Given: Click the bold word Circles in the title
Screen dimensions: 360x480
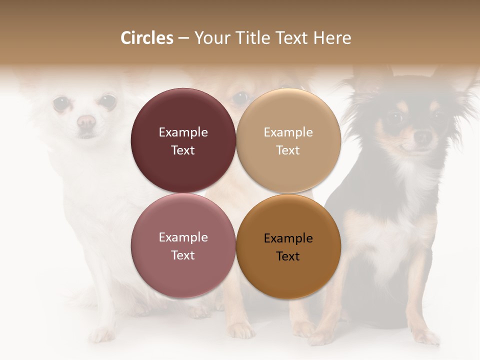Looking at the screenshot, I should coord(146,38).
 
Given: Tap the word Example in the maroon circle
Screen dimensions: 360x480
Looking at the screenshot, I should coord(183,132).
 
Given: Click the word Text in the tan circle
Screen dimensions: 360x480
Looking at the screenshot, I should coord(288,150).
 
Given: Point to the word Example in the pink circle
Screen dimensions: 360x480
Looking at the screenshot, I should coord(183,237).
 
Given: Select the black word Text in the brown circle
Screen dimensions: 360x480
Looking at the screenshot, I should coord(288,256).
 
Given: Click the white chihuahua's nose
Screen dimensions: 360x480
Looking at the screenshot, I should coord(86,121).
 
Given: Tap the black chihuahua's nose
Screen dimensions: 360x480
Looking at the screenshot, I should coord(423,136).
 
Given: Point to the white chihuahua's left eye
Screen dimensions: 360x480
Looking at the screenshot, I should coord(61,103).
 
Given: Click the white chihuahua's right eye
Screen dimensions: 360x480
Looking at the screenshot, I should coord(107,102).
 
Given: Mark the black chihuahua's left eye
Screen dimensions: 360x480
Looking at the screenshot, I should coord(395,118).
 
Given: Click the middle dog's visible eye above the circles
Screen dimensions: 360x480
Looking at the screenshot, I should coord(240,96).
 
